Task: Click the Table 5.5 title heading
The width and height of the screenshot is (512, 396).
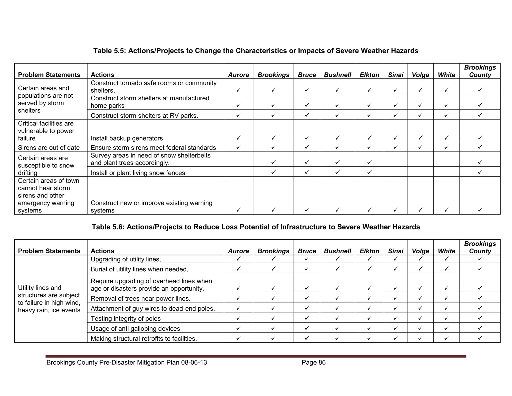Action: (256, 51)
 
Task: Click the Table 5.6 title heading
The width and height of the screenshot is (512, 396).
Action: (256, 227)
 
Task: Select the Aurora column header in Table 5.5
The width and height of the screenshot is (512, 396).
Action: (238, 75)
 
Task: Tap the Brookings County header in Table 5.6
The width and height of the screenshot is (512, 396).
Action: (480, 247)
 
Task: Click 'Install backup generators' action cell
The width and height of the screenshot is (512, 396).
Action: (126, 138)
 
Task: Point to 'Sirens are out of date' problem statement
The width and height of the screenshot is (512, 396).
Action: (49, 148)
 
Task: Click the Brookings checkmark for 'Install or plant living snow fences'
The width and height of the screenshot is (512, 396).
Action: (273, 172)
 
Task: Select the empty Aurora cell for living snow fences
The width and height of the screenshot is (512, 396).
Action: (238, 172)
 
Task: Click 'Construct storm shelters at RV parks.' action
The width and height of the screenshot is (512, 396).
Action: (144, 116)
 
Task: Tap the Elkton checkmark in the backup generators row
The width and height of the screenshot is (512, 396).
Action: (369, 138)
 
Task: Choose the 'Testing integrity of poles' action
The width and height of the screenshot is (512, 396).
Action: (125, 319)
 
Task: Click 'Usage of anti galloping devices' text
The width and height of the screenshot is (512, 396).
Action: (135, 329)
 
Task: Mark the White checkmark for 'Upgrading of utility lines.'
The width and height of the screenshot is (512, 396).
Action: (446, 259)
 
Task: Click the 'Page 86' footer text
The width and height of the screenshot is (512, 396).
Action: (313, 362)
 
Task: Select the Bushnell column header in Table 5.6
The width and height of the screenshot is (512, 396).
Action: (337, 251)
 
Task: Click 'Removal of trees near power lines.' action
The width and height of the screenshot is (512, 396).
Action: (140, 299)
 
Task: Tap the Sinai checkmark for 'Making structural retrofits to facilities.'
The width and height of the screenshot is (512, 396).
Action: (395, 338)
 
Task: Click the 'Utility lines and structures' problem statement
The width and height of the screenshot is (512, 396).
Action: (49, 299)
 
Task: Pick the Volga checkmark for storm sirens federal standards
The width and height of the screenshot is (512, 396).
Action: (420, 147)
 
